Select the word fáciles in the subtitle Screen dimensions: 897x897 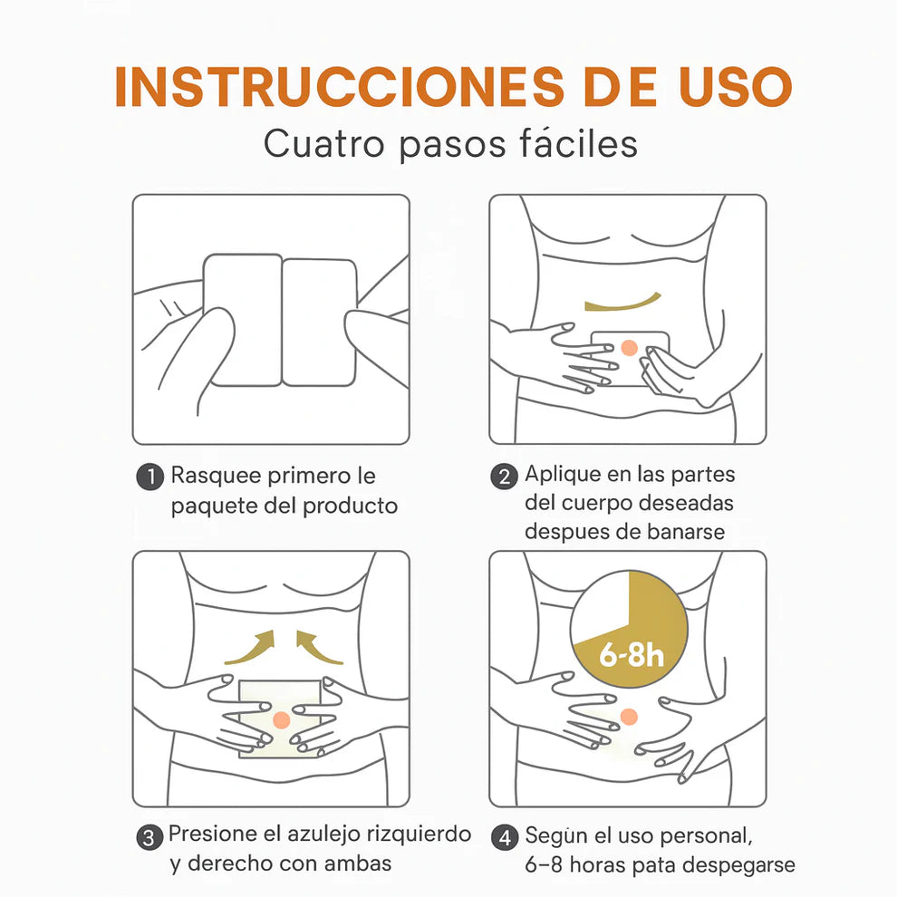click(x=578, y=143)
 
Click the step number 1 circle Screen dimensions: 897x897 click(x=150, y=477)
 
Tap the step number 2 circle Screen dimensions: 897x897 click(x=504, y=477)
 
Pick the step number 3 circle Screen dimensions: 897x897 click(x=149, y=837)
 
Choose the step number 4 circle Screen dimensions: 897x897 click(x=505, y=838)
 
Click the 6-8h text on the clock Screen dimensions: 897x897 click(x=631, y=654)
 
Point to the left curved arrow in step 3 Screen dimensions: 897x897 click(x=253, y=651)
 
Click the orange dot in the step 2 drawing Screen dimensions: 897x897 click(x=630, y=347)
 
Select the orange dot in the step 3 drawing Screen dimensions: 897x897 click(x=282, y=719)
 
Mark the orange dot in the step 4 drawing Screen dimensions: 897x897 click(x=629, y=716)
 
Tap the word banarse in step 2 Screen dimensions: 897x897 click(x=686, y=532)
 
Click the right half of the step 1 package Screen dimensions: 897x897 click(x=319, y=322)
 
